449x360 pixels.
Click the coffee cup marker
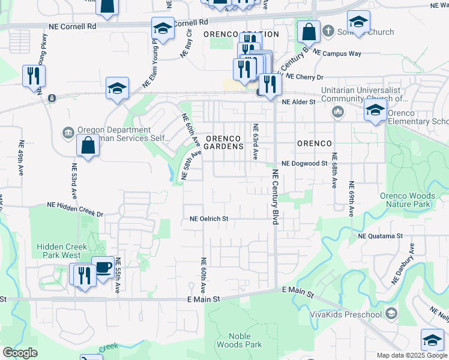pos(103,268)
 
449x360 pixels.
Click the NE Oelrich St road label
pos(209,219)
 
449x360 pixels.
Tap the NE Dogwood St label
pos(304,163)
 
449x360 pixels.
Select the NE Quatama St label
pos(381,236)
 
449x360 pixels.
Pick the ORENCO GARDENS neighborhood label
pos(224,142)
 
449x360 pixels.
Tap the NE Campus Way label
pos(337,53)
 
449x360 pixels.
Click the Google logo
pos(20,353)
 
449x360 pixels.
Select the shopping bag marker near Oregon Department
pos(88,145)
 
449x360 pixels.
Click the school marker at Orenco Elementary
pos(375,110)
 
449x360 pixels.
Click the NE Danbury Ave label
pos(403,263)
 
